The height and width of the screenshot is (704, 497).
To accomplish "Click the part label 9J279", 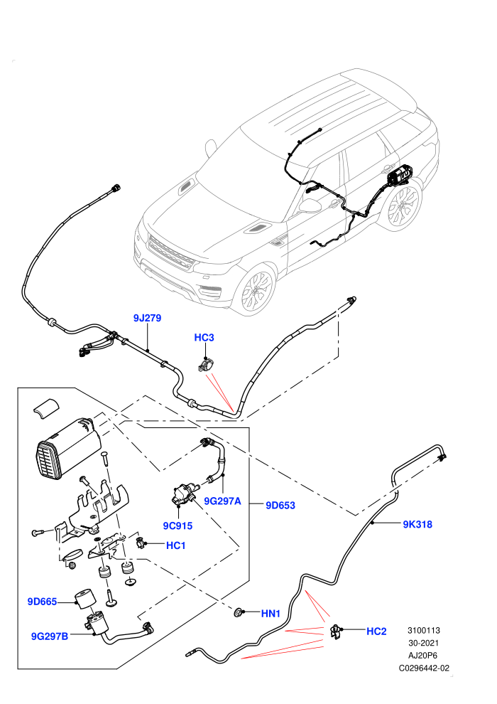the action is point(147,319).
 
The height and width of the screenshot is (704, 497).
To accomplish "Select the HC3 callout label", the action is point(204,338).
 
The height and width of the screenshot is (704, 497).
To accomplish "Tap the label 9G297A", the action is point(222,501).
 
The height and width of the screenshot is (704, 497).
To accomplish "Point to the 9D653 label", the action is point(280,506).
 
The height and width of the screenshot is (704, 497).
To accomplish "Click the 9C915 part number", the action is point(177,526).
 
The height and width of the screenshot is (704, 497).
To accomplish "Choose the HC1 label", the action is point(175,545).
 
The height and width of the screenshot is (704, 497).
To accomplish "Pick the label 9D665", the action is point(42,602).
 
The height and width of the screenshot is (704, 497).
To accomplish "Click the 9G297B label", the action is point(49,636).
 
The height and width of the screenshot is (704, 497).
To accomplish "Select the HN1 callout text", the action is point(271,613).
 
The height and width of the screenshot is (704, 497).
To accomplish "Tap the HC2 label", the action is point(376,631).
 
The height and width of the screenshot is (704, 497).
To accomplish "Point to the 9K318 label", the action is point(417,524).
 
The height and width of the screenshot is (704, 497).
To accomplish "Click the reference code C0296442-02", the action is point(424,668).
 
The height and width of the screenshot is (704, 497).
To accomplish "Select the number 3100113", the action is point(424,630).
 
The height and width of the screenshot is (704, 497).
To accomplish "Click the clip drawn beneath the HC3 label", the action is point(206,364).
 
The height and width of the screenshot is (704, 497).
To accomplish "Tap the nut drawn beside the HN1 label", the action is point(239,612).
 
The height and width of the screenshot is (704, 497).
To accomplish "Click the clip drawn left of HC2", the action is point(336,631).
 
